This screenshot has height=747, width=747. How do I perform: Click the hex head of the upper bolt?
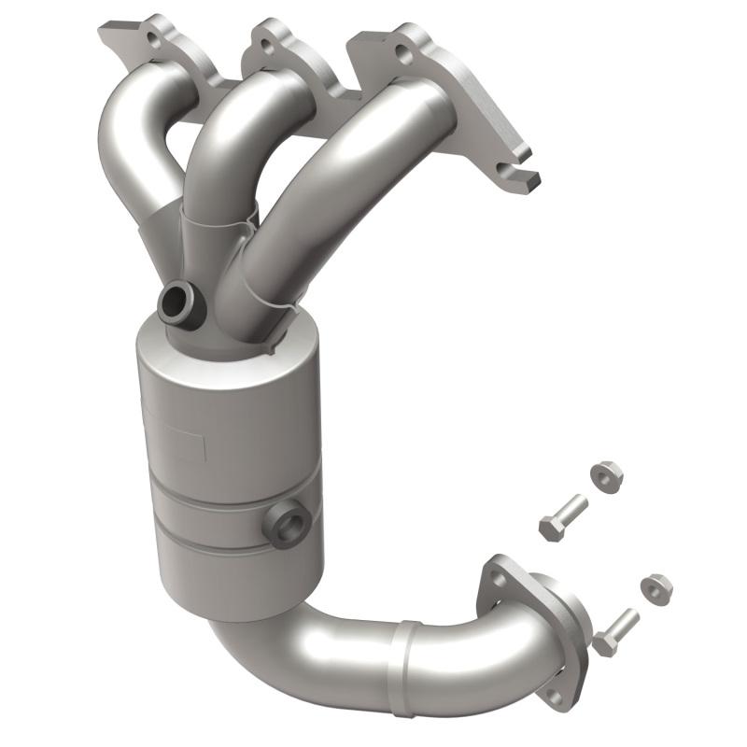click(x=550, y=529)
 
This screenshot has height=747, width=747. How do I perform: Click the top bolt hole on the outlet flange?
click(x=499, y=580)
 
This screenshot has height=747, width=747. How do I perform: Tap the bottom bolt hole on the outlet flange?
click(x=556, y=696)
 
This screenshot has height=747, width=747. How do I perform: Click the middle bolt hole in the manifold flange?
click(x=267, y=46)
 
